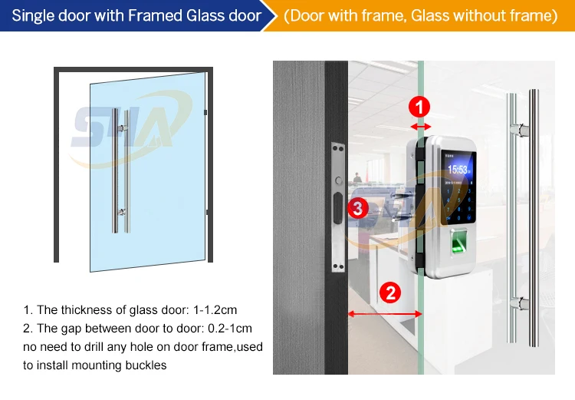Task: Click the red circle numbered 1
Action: (x=419, y=106)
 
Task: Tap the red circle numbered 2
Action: (x=390, y=293)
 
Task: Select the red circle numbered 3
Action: (x=357, y=207)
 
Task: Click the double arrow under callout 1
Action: (x=419, y=125)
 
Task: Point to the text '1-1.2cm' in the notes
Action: (x=211, y=310)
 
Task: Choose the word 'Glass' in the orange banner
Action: (x=432, y=15)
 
